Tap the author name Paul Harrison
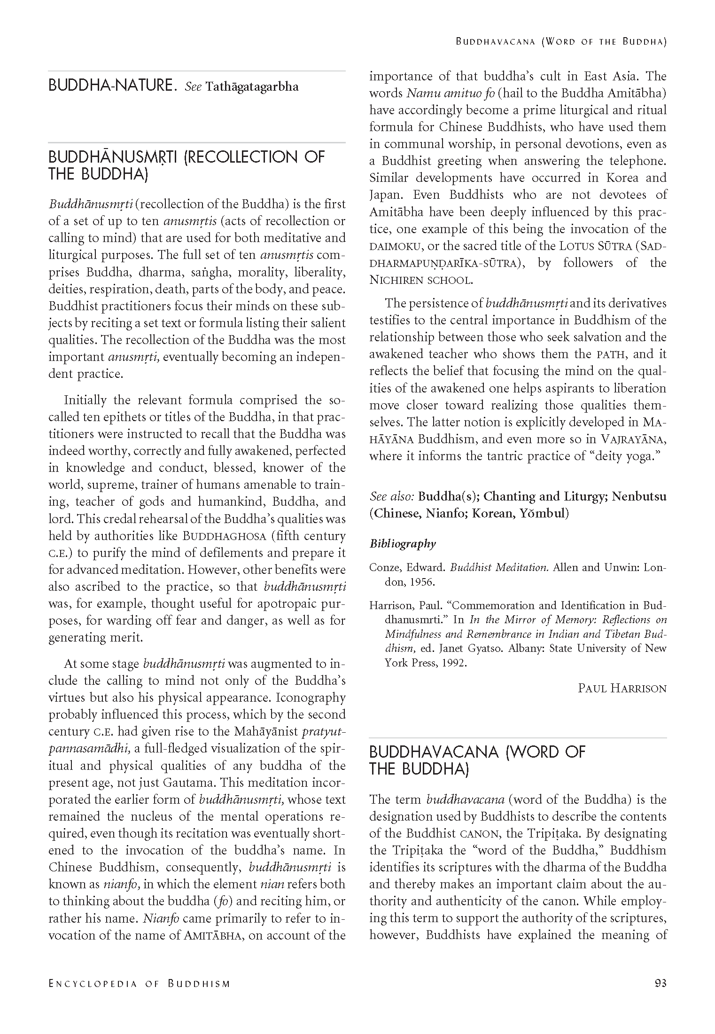coord(622,689)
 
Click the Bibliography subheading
coord(403,544)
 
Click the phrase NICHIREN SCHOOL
coord(421,280)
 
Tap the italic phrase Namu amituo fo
coord(451,93)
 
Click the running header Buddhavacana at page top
coord(496,41)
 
